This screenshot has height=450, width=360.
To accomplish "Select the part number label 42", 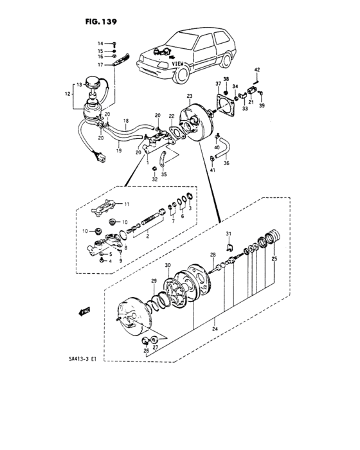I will pos(256,69).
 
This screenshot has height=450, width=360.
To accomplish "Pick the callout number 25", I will pos(274,258).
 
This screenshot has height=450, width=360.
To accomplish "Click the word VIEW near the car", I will pos(178,64).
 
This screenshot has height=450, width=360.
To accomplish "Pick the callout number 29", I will pos(154,282).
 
